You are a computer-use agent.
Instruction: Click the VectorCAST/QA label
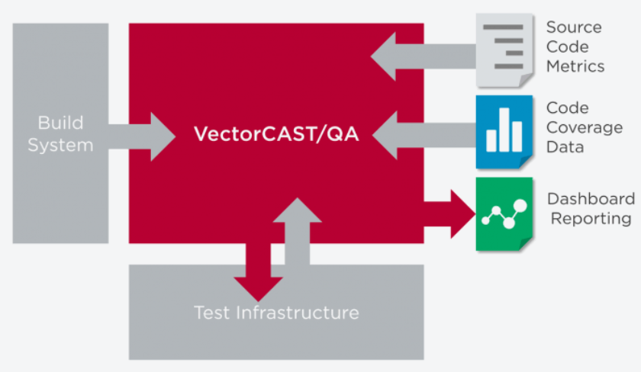pos(276,134)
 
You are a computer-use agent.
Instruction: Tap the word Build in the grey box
pos(60,123)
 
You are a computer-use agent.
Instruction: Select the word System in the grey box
pos(60,146)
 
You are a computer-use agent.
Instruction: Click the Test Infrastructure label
pos(276,313)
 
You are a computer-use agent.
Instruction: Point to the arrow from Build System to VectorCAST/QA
pos(142,136)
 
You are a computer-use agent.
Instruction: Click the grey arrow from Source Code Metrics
pos(424,56)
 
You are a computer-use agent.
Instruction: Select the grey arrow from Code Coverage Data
pos(424,135)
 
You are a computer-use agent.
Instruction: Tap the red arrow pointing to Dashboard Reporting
pos(449,213)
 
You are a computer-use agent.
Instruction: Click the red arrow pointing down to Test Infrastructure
pos(258,271)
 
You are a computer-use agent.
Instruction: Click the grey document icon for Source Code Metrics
pos(505,50)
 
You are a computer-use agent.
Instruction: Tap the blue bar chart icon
pos(504,132)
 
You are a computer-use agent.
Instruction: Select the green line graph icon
pos(504,214)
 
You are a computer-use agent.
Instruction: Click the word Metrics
pos(575,66)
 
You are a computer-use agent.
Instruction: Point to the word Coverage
pos(585,128)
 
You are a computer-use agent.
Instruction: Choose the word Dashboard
pos(591,199)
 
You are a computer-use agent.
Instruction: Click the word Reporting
pos(591,219)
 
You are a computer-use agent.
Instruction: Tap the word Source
pos(574,27)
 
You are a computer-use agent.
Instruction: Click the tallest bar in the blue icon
pos(504,130)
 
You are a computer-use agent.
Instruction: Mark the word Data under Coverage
pos(565,147)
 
